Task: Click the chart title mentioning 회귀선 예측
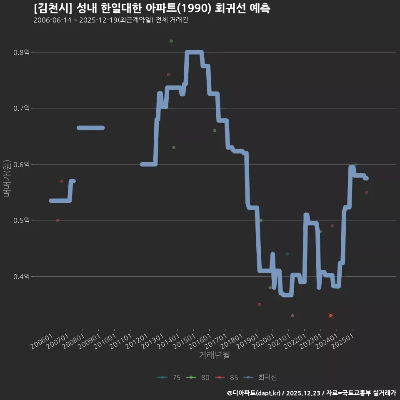152,8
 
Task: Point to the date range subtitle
111,20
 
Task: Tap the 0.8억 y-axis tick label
21,52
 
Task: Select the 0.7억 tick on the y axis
21,108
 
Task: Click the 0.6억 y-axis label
21,165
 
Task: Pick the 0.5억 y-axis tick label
21,220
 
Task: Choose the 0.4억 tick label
21,277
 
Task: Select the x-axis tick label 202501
343,341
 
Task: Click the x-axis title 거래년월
214,355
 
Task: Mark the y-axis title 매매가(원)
6,178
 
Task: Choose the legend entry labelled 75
169,377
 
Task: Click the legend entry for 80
198,377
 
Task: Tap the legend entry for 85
227,377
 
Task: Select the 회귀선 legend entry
260,377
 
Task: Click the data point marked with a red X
331,316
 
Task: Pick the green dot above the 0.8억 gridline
171,41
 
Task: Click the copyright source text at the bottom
312,393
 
